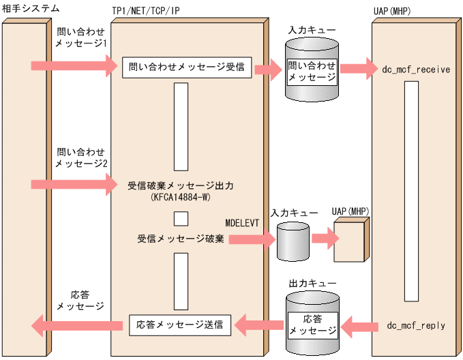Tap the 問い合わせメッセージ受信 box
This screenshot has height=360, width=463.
tap(187, 67)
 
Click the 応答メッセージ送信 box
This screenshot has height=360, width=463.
tap(180, 325)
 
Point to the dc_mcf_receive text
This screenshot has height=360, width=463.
tap(416, 70)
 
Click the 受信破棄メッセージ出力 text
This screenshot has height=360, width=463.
tap(180, 185)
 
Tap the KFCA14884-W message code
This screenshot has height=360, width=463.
tap(180, 198)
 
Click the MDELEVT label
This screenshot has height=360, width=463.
tap(243, 222)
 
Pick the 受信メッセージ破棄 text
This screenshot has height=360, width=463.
tap(180, 239)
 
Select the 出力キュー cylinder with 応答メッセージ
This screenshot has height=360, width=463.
tap(312, 322)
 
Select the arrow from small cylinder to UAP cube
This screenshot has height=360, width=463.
tap(324, 237)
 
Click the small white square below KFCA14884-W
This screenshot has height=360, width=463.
tap(181, 218)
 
